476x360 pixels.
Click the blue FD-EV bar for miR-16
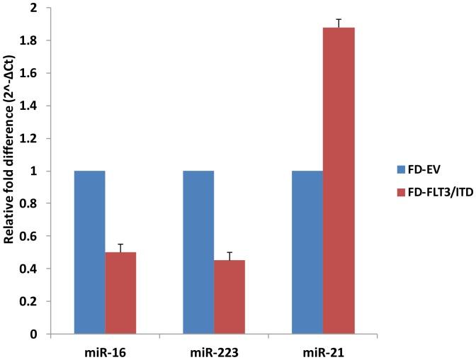(x=89, y=252)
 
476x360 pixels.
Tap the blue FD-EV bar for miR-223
(x=198, y=252)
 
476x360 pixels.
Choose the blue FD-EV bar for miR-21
(x=307, y=252)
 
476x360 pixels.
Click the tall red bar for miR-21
(x=339, y=181)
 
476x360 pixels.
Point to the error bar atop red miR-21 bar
(x=339, y=23)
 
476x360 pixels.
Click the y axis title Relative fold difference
(x=12, y=170)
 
